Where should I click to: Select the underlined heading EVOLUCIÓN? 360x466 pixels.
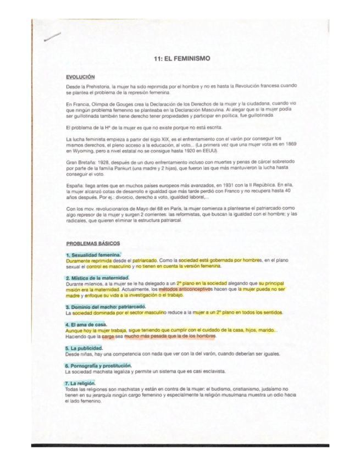click(x=80, y=77)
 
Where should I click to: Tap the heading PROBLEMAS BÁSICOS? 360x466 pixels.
click(x=93, y=243)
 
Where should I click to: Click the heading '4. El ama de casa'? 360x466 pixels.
click(x=85, y=324)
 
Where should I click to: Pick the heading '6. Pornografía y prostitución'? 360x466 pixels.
click(x=98, y=365)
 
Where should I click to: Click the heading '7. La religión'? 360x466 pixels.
click(x=80, y=382)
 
